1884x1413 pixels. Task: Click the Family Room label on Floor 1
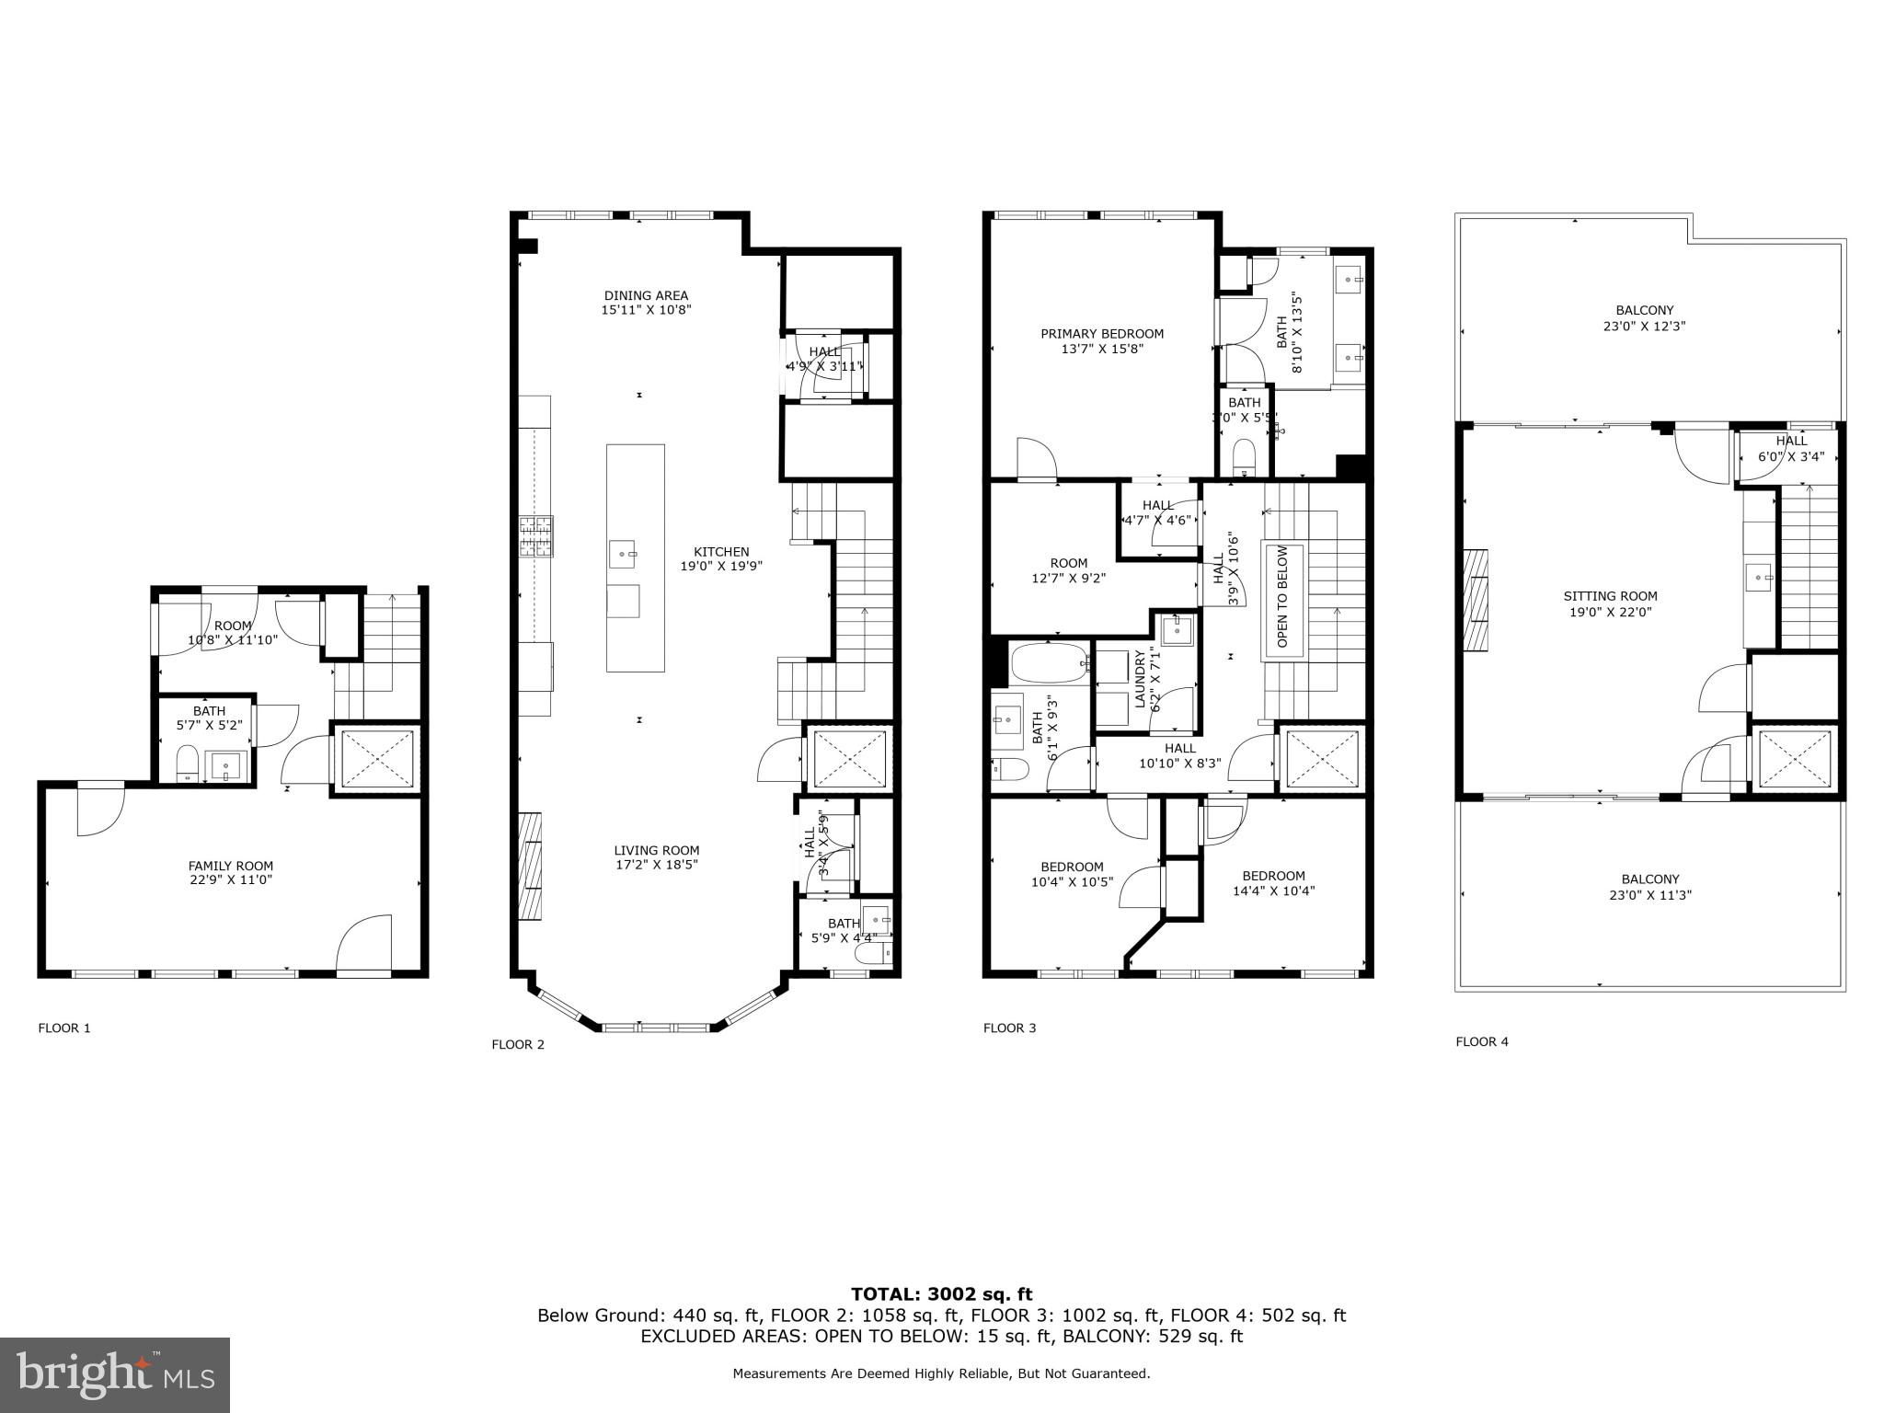tap(230, 866)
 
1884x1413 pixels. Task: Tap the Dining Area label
tap(646, 295)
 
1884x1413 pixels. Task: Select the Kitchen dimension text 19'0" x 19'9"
tap(721, 567)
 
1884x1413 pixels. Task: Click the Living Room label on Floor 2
tap(657, 851)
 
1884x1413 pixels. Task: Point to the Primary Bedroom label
tap(1102, 334)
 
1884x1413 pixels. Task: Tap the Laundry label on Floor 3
tap(1140, 679)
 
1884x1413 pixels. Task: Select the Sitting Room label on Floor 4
tap(1610, 596)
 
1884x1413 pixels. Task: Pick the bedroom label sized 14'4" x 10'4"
tap(1273, 876)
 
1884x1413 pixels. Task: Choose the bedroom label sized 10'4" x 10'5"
tap(1072, 867)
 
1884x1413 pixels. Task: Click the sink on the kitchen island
tap(623, 555)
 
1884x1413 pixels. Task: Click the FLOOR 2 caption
tap(518, 1044)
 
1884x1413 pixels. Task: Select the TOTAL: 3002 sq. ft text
tap(941, 1294)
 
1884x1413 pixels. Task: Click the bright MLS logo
tap(115, 1374)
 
